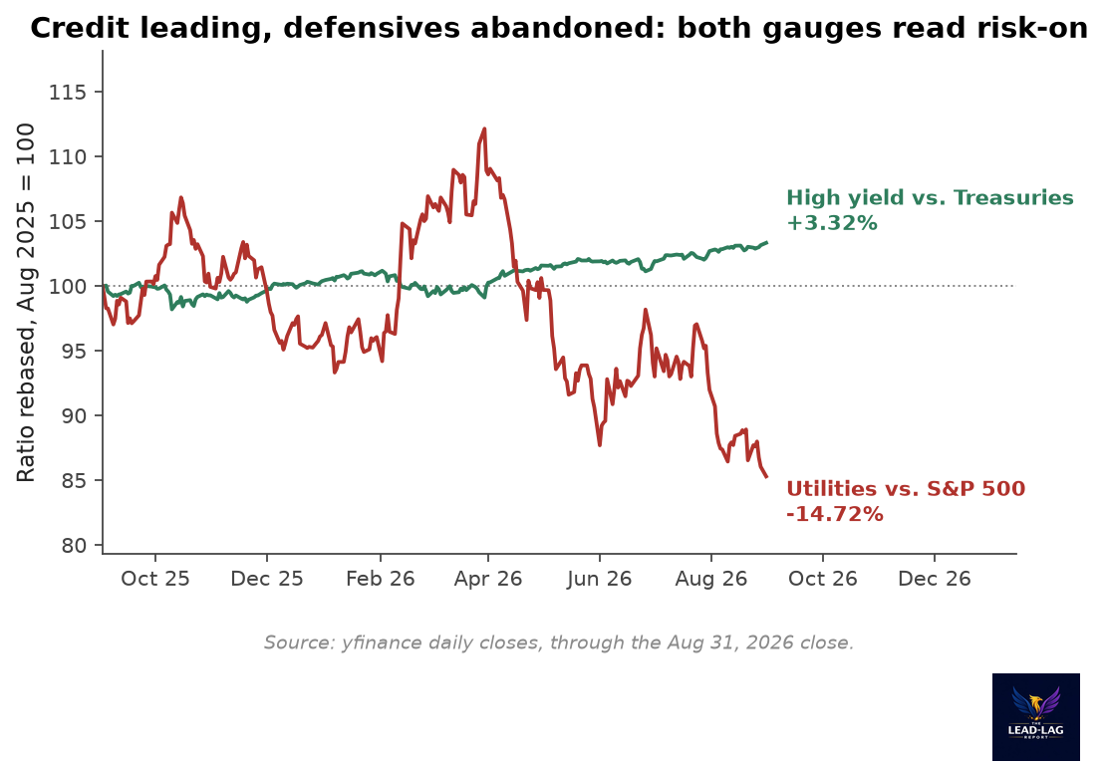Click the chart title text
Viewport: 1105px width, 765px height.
coord(560,28)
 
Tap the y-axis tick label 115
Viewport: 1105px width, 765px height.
coord(68,93)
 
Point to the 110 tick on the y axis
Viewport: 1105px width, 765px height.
coord(68,157)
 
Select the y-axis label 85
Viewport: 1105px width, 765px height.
coord(74,481)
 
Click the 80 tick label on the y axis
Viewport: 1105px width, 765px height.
coord(74,546)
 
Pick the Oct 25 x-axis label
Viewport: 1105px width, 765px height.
coord(155,579)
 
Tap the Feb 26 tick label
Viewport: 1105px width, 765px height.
coord(381,579)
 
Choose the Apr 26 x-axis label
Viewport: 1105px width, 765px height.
coord(487,579)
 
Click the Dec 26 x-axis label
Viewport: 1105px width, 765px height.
coord(935,579)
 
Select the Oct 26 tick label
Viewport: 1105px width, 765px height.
coord(822,579)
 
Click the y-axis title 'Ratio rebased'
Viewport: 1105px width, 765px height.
coord(25,303)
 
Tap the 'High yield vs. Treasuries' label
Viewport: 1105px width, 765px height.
coord(931,198)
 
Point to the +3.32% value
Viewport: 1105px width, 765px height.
coord(832,223)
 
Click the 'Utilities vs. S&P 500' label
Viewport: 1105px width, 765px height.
coord(906,489)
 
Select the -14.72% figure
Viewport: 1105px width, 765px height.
coord(834,514)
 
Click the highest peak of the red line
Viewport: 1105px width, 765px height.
coord(484,128)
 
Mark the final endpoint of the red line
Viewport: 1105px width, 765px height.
coord(767,477)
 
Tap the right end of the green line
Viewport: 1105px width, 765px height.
coord(767,242)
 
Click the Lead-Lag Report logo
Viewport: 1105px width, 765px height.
coord(1036,716)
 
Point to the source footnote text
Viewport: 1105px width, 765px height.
coord(559,642)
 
